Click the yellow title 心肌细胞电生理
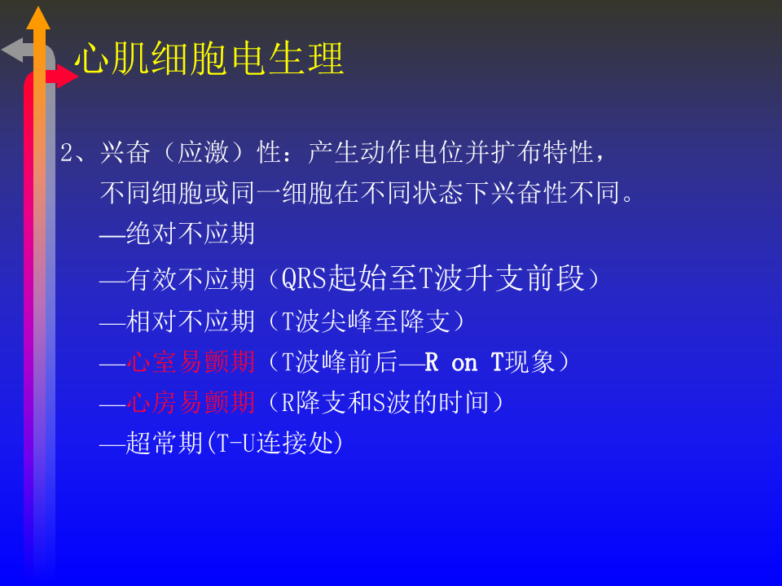pos(209,59)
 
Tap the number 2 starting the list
pos(68,153)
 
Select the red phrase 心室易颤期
pos(191,362)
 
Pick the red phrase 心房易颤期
pos(191,402)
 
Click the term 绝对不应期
pos(191,234)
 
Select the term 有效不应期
pos(191,280)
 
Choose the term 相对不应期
pos(191,321)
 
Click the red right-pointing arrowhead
pos(67,77)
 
